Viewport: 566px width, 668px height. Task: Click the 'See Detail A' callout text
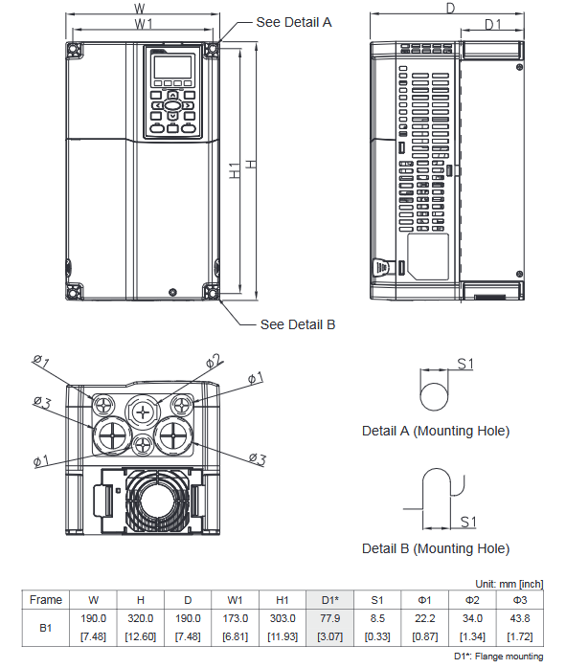pos(294,22)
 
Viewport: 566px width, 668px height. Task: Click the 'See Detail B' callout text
pos(298,324)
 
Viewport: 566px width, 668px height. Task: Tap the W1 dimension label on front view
pos(145,23)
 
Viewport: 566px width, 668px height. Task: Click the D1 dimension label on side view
pos(492,24)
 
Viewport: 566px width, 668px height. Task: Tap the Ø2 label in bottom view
pos(214,361)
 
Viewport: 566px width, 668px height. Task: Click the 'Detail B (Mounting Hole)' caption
pos(436,548)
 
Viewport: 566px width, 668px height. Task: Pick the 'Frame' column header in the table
pos(45,600)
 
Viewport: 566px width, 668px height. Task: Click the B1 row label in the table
pos(45,628)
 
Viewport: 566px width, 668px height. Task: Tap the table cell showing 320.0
pos(141,619)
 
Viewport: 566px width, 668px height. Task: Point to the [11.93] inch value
pos(283,637)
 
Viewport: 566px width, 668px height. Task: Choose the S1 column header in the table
pos(376,600)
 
